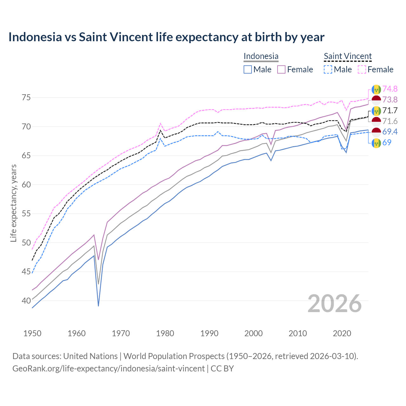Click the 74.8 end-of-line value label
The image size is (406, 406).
390,89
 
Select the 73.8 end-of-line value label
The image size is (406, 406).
390,100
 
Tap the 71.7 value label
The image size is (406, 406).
390,110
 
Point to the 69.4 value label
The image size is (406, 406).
390,132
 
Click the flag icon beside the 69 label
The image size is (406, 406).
376,143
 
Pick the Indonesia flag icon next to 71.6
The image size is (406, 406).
376,121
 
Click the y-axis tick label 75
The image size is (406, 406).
26,97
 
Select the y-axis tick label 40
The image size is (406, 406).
26,301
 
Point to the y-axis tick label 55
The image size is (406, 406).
26,213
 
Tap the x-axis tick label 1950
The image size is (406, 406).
32,333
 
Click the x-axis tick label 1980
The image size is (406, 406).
165,333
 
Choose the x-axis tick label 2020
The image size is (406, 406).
342,333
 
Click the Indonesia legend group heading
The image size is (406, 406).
261,56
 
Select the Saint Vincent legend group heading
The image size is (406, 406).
348,56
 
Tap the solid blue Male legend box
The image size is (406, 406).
248,69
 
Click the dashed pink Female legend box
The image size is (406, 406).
362,69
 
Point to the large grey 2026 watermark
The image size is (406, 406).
335,304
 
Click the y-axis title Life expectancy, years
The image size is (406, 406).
14,203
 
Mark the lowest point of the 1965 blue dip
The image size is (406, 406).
99,306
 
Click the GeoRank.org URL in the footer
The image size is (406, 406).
108,369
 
